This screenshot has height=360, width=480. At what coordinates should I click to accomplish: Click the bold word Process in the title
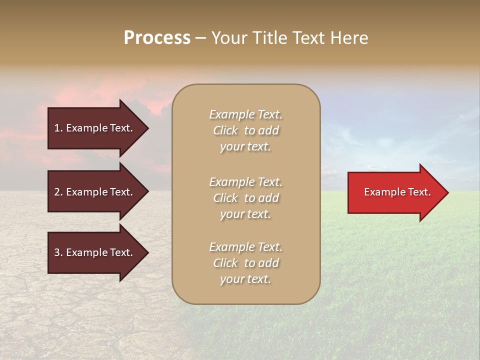157,38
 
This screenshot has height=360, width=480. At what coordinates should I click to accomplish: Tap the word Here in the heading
349,38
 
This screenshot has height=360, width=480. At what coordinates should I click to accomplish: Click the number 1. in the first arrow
58,128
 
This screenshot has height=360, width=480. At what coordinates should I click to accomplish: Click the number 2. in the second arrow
58,192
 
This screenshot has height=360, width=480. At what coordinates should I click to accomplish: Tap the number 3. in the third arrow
58,252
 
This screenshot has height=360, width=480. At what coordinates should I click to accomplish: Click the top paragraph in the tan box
245,130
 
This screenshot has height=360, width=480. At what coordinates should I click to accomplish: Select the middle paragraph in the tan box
245,198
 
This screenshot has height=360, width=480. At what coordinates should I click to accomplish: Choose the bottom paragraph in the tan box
245,263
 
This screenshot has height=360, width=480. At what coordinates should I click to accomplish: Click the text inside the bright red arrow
397,192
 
